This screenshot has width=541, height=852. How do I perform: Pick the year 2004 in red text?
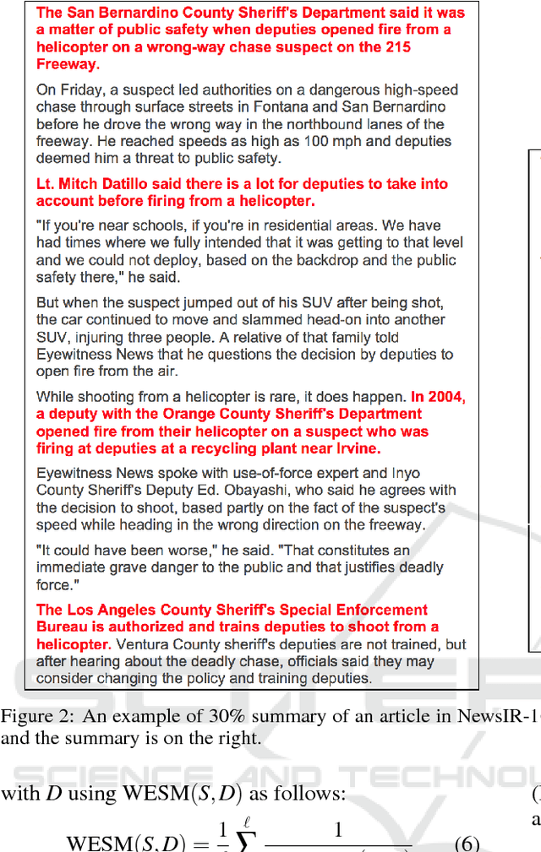click(448, 397)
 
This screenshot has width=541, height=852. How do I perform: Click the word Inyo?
click(402, 473)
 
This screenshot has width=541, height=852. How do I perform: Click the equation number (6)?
click(467, 842)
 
